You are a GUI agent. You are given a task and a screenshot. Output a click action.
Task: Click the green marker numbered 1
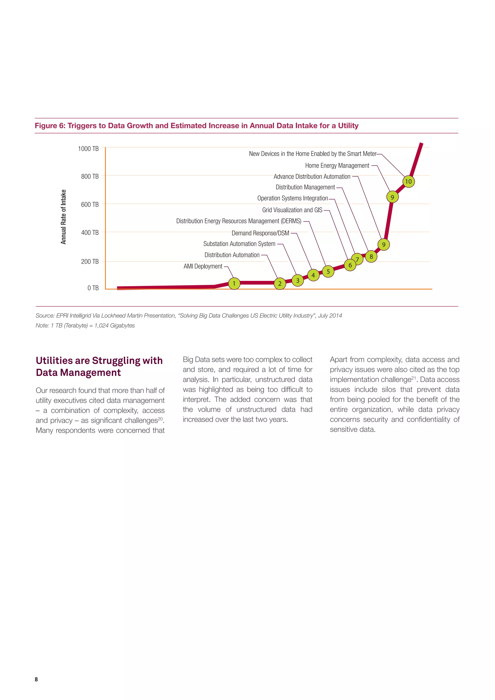[x=234, y=284]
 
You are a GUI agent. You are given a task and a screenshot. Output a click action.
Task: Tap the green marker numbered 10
[x=408, y=181]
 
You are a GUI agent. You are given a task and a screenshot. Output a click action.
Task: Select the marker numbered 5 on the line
[x=328, y=271]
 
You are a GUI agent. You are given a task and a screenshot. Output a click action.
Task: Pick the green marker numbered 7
[x=357, y=259]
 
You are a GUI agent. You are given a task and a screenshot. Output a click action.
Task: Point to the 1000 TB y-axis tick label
[x=88, y=149]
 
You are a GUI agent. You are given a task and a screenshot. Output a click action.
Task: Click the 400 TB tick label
[x=90, y=233]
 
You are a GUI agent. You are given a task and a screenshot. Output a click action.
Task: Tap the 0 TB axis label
[x=93, y=288]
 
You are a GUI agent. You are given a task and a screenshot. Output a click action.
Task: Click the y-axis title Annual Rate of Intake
[x=63, y=217]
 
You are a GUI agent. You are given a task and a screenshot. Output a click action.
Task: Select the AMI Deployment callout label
[x=203, y=266]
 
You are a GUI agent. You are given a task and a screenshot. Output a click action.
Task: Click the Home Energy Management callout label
[x=337, y=166]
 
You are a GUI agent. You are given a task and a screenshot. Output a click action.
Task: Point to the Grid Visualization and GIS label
[x=292, y=210]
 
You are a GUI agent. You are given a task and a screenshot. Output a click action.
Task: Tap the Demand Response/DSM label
[x=260, y=233]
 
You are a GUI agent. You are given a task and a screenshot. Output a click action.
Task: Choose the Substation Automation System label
[x=239, y=244]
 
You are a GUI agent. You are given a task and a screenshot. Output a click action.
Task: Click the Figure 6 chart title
[x=197, y=126]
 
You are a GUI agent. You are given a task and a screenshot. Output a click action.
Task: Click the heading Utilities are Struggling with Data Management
[x=99, y=366]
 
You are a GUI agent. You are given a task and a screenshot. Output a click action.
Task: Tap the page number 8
[x=36, y=679]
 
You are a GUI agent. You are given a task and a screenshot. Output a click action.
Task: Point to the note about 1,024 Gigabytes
[x=85, y=325]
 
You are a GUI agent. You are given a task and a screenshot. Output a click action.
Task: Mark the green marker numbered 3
[x=298, y=280]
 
